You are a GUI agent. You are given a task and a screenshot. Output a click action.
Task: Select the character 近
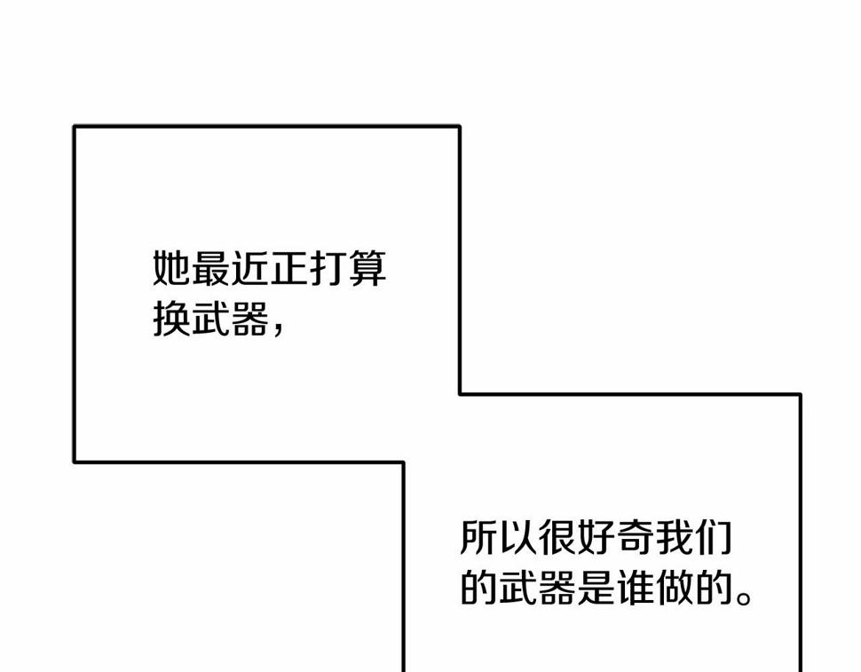click(x=249, y=268)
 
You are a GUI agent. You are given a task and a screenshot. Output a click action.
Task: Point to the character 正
click(x=288, y=268)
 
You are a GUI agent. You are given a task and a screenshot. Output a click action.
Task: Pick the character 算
click(x=367, y=268)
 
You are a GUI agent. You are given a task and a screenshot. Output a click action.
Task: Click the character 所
click(x=478, y=537)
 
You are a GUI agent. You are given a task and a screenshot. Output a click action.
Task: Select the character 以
click(x=517, y=537)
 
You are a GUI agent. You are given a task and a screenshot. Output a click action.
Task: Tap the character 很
click(x=557, y=537)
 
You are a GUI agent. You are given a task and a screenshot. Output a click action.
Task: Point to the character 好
click(x=596, y=537)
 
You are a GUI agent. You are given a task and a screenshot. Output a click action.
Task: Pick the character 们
click(x=714, y=537)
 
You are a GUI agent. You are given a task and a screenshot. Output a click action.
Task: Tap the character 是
click(x=596, y=588)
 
